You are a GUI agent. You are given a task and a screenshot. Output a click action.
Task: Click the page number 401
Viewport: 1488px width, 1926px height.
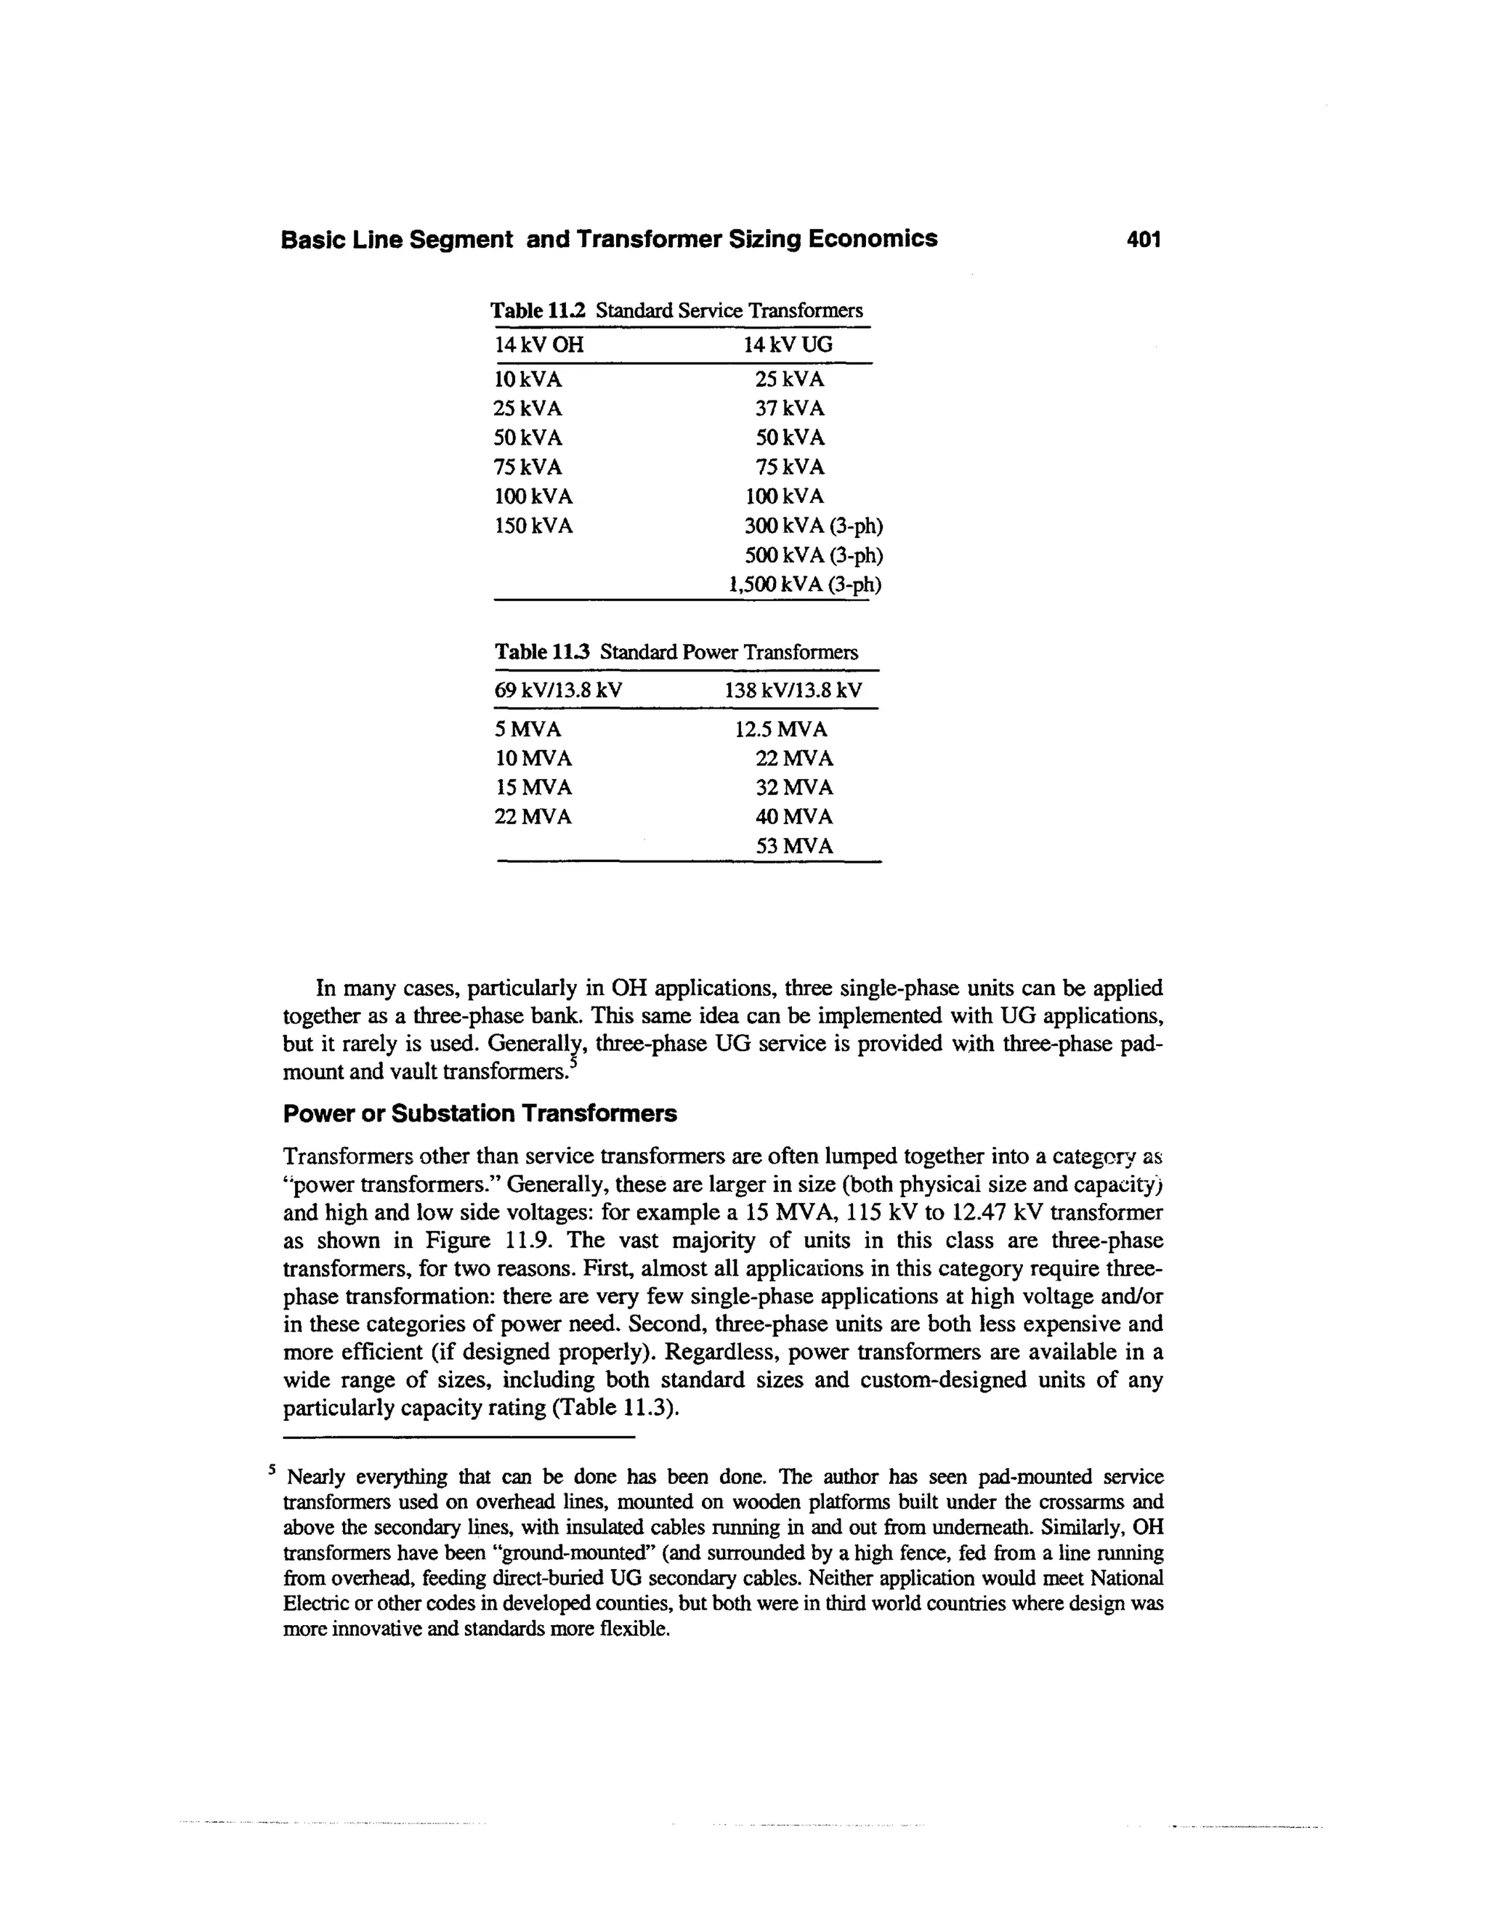(1144, 239)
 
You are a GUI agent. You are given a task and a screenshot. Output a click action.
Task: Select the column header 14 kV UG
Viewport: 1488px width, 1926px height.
(787, 344)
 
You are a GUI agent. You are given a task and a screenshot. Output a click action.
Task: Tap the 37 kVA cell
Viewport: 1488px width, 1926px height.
(789, 408)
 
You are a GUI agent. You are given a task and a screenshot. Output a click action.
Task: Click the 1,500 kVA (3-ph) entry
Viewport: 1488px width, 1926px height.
(805, 584)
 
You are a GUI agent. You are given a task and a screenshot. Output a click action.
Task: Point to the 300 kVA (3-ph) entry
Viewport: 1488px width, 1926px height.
(813, 525)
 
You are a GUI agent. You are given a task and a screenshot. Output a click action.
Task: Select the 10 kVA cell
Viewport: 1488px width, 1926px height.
(527, 379)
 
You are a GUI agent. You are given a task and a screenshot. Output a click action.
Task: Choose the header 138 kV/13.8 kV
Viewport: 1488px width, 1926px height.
(793, 690)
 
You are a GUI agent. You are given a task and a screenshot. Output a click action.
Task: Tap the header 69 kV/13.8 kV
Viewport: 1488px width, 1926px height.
(558, 690)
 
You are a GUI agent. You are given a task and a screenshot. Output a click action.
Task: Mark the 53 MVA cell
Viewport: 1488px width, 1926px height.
(793, 846)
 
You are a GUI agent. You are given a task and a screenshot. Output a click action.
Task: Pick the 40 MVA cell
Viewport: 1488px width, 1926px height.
(793, 817)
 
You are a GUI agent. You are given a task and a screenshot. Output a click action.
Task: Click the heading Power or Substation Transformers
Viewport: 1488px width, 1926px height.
(480, 1113)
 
